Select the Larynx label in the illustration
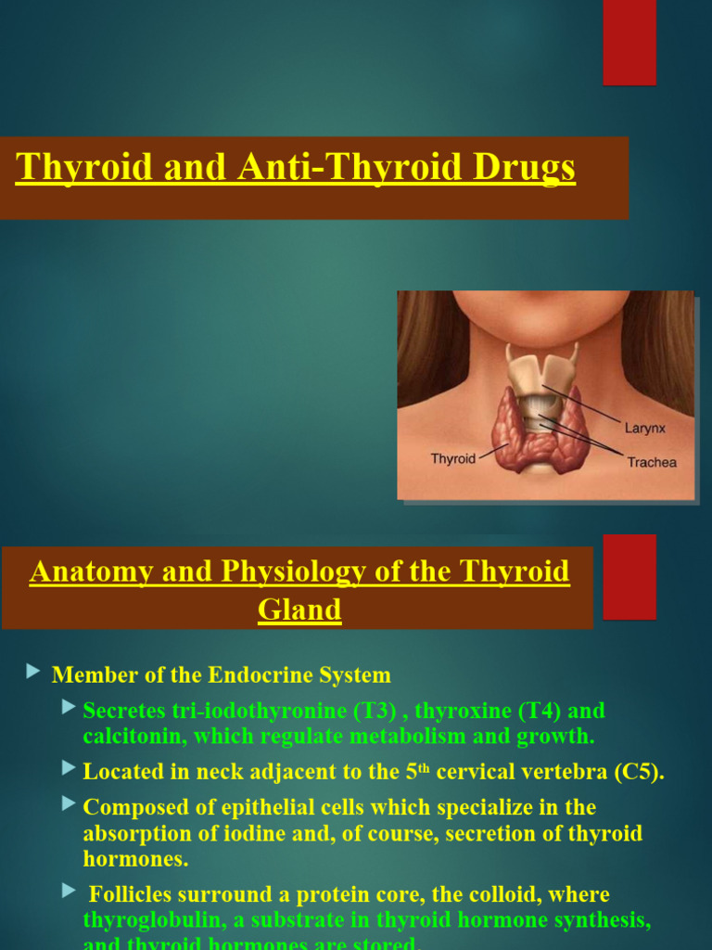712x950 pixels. point(645,429)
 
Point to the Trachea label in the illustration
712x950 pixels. point(652,462)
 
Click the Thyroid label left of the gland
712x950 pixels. point(453,458)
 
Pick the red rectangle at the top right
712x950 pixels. point(629,43)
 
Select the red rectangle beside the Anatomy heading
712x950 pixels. point(629,576)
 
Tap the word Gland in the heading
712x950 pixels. point(299,610)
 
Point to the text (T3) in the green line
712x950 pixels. point(375,712)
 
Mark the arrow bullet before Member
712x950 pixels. point(34,671)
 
